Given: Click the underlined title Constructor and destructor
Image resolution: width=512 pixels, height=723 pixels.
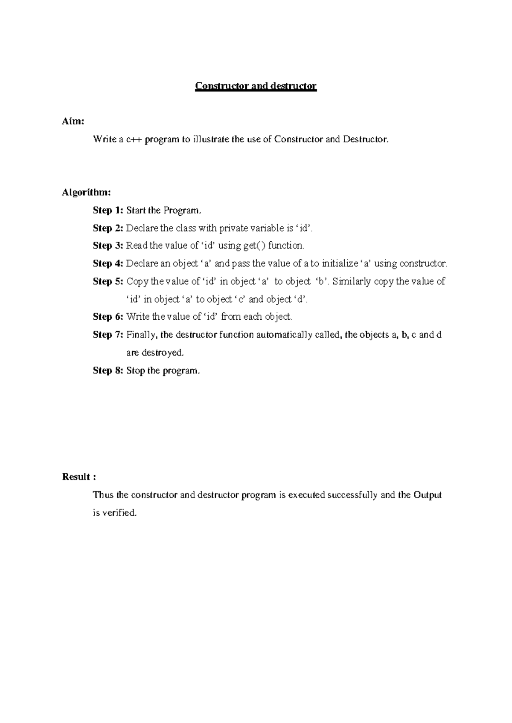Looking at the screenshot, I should pyautogui.click(x=256, y=86).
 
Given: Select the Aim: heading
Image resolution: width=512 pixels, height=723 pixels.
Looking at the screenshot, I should pyautogui.click(x=73, y=121).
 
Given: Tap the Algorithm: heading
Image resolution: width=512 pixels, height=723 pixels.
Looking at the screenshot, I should pyautogui.click(x=86, y=192).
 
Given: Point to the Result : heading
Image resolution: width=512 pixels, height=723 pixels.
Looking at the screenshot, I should pyautogui.click(x=76, y=477).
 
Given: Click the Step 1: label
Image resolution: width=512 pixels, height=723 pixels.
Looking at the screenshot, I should pyautogui.click(x=108, y=210).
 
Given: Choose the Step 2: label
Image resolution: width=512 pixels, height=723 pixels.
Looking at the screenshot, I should pyautogui.click(x=108, y=228).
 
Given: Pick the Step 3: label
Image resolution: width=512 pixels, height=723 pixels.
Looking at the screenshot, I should pyautogui.click(x=108, y=246).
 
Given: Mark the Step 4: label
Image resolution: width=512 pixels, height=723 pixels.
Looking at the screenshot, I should pyautogui.click(x=108, y=263).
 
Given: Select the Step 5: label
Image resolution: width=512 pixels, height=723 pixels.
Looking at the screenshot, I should pyautogui.click(x=108, y=281).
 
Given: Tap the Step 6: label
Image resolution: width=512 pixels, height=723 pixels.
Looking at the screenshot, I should pyautogui.click(x=108, y=316).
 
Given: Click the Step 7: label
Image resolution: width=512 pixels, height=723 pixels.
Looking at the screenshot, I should pyautogui.click(x=108, y=335).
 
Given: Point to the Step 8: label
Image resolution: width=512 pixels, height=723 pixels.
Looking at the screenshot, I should pyautogui.click(x=108, y=370).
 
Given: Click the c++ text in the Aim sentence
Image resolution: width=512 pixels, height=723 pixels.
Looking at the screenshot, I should pyautogui.click(x=134, y=139).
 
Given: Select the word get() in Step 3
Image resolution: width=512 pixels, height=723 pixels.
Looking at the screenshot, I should pyautogui.click(x=254, y=246).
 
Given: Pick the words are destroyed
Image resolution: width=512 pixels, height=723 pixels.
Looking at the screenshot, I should pyautogui.click(x=155, y=353).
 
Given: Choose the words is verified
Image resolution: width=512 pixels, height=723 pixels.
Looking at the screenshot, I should pyautogui.click(x=115, y=513).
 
